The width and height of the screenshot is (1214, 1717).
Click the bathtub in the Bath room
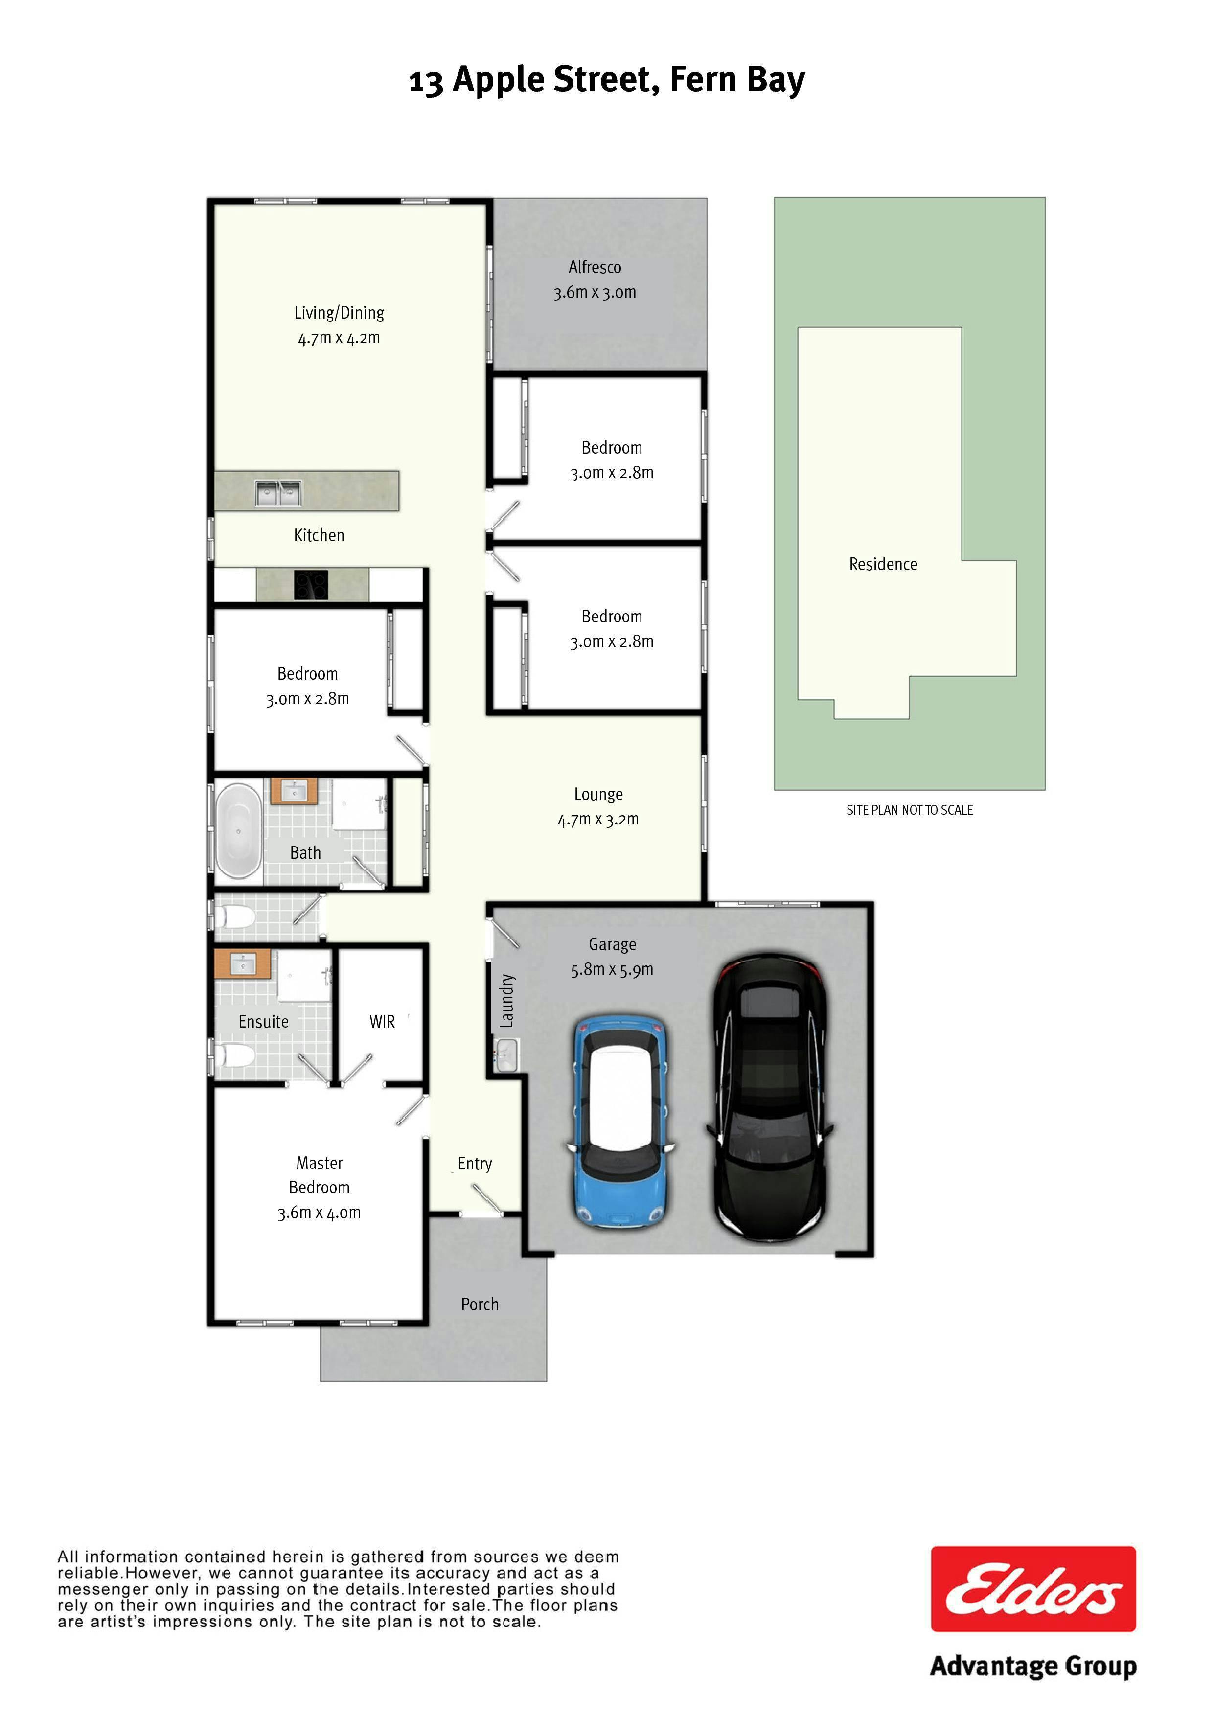(x=239, y=830)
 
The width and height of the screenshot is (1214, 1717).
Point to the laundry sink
(x=506, y=1055)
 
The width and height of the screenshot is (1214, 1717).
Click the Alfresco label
(x=595, y=267)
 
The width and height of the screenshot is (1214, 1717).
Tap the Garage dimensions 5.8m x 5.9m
(x=612, y=970)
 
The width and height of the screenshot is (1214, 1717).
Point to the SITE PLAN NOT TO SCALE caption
(x=910, y=810)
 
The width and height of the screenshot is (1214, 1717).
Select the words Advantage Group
(x=1033, y=1667)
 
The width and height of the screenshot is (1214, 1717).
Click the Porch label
(x=480, y=1304)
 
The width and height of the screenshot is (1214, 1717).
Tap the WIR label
(x=382, y=1022)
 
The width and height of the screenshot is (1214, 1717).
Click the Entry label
(x=475, y=1164)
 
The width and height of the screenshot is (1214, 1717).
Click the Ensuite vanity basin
(x=242, y=964)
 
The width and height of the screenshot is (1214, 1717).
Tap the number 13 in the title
(x=426, y=82)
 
